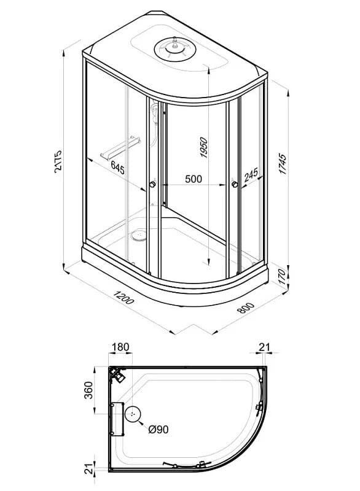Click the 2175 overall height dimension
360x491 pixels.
(58, 161)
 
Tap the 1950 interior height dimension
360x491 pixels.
(204, 147)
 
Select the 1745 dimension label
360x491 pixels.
(283, 164)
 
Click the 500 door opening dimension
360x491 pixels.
(194, 179)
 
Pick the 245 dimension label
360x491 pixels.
(251, 174)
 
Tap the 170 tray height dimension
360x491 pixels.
(283, 277)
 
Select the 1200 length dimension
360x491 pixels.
(123, 297)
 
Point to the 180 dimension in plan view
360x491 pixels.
(120, 347)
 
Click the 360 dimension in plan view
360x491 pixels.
(89, 390)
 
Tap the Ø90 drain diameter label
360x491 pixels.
(158, 429)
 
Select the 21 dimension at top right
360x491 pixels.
(264, 347)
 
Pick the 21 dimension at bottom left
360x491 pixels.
(89, 469)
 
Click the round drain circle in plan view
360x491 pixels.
(133, 414)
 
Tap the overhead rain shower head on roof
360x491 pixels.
(175, 49)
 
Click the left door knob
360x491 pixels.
(152, 184)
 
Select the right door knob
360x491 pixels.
(235, 184)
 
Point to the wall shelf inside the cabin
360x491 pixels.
(120, 147)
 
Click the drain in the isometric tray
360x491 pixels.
(139, 236)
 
